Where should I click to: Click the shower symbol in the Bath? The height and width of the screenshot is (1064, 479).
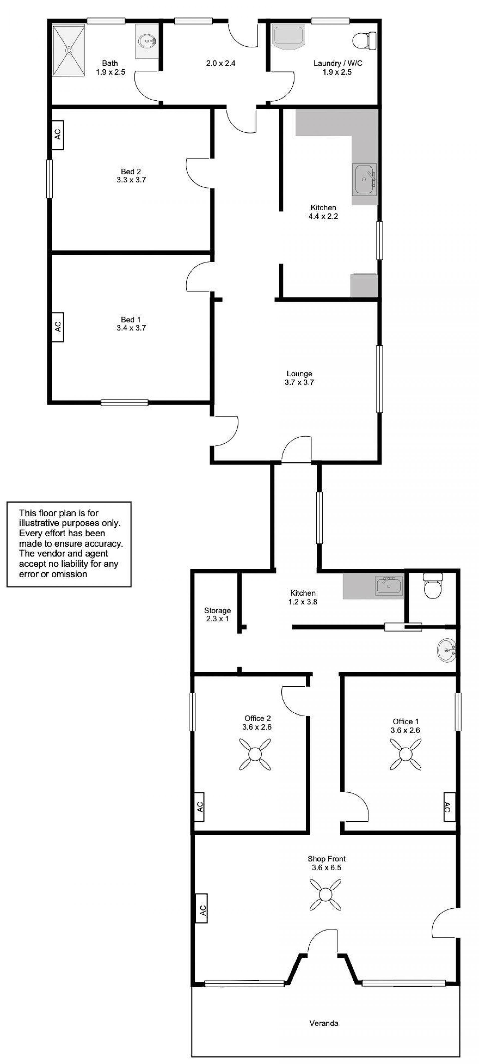69,50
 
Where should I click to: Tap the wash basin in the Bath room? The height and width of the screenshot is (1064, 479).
147,41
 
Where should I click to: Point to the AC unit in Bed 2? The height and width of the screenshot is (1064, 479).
57,135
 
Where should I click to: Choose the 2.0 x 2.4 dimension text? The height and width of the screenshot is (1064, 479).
221,64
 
